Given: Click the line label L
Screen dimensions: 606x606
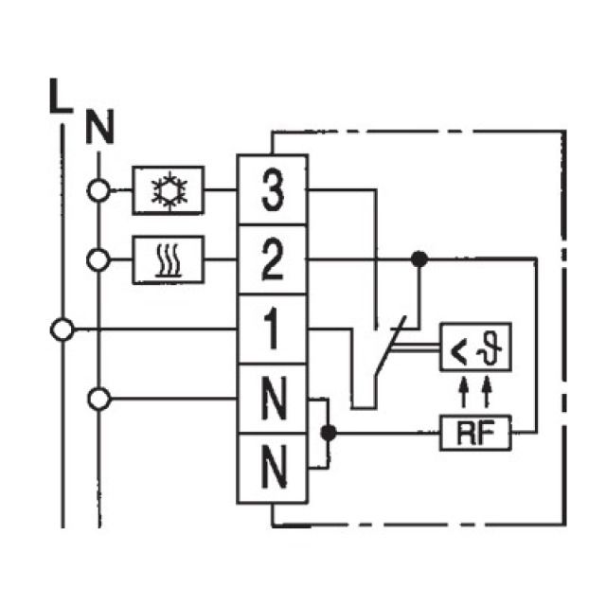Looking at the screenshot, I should [x=59, y=98].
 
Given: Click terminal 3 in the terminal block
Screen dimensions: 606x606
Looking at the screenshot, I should [x=271, y=190].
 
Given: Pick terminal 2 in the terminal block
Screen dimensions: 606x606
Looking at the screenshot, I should [x=271, y=259].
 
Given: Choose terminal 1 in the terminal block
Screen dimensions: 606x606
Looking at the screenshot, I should [x=271, y=330].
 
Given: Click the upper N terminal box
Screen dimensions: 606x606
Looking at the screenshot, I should [x=271, y=399].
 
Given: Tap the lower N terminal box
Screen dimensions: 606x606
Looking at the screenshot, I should [x=271, y=467].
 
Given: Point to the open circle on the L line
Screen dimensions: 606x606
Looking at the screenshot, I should [x=62, y=330].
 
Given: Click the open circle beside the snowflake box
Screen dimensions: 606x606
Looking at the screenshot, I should [x=98, y=189].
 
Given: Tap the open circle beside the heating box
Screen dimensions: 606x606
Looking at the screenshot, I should [x=98, y=258].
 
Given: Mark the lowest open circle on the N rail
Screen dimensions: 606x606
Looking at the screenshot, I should [x=98, y=399].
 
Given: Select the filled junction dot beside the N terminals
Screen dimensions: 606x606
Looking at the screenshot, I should [x=329, y=434].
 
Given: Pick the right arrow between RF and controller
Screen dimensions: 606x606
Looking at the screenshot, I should [x=487, y=390].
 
